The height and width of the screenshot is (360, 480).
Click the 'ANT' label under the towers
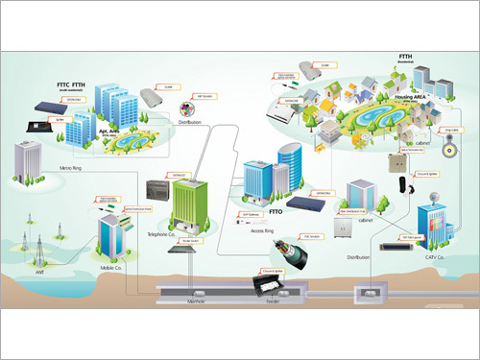[x=37, y=272]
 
